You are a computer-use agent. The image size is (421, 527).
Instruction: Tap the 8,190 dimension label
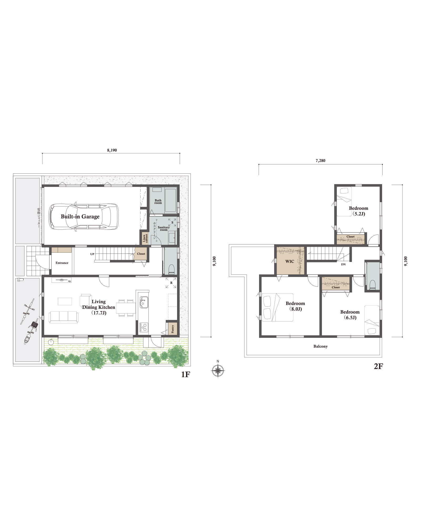click(x=112, y=150)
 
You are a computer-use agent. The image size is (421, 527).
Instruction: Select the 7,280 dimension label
click(x=320, y=160)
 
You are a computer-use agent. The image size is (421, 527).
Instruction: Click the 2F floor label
click(x=378, y=366)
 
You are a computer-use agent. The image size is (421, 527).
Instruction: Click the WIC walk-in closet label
click(x=290, y=261)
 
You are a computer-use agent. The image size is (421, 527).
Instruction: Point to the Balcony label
click(x=320, y=346)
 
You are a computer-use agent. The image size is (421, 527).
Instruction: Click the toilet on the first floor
click(x=171, y=269)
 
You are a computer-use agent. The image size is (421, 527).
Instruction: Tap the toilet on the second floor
click(x=372, y=285)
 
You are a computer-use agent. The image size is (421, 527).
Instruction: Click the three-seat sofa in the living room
click(x=63, y=317)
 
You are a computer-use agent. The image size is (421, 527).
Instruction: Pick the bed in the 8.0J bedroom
click(x=278, y=307)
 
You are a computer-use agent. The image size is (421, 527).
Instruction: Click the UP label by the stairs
click(x=92, y=254)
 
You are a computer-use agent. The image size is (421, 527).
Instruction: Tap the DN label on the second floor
click(x=343, y=264)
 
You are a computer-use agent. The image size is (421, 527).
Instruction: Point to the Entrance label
click(x=62, y=263)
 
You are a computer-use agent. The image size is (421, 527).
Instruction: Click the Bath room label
click(x=158, y=202)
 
